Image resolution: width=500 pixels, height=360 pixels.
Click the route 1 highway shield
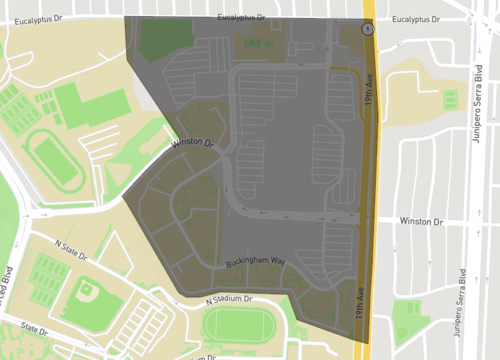coord(368,30)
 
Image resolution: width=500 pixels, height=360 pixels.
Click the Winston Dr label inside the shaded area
coord(193,144)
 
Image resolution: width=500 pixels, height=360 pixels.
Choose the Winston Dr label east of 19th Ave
coord(420,221)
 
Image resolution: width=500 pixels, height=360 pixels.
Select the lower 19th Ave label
coord(360,304)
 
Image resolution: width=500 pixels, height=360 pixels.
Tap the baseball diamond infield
coord(86,293)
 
